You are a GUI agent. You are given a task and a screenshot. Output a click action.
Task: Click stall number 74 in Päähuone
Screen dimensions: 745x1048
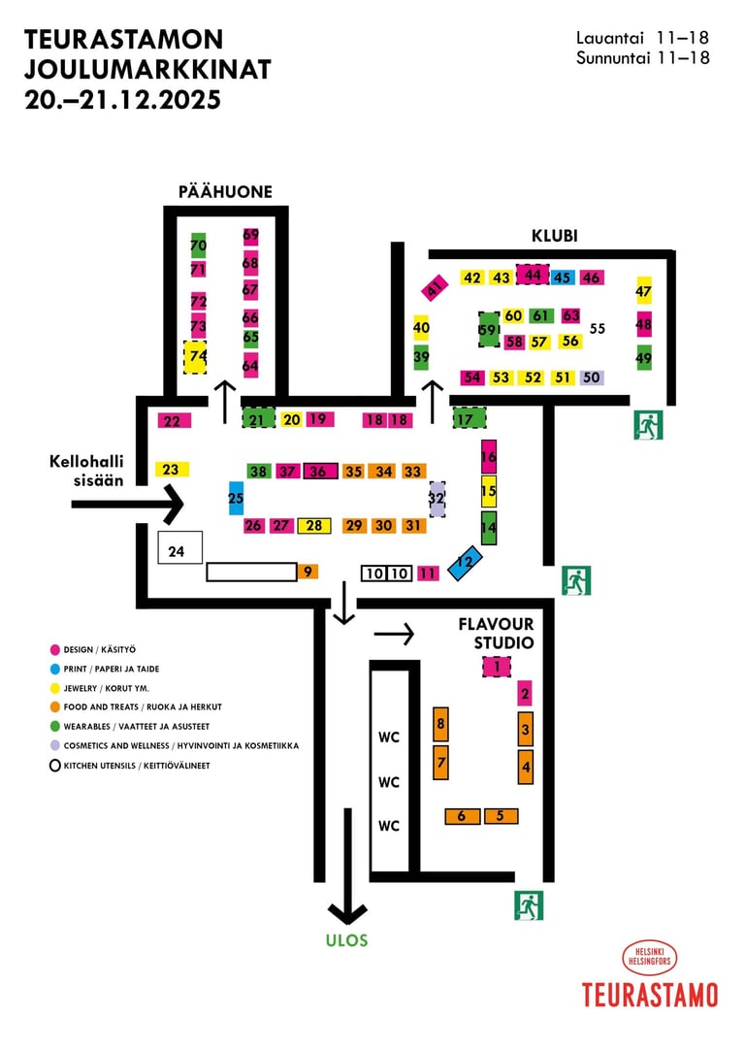tap(196, 356)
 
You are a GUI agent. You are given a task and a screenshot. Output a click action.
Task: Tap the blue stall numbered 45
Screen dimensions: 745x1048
tap(562, 278)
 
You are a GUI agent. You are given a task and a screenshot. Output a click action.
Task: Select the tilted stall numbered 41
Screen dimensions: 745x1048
tap(436, 287)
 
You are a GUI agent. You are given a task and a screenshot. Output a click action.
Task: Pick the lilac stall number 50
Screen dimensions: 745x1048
tap(592, 377)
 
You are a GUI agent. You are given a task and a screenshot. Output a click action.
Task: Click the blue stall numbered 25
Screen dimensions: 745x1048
tap(236, 498)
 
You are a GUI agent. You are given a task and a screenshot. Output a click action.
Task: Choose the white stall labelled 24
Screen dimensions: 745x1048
tap(179, 547)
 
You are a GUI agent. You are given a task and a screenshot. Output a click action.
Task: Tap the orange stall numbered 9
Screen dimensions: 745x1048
tap(308, 572)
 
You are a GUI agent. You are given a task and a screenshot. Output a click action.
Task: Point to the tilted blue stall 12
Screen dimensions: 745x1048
tap(466, 561)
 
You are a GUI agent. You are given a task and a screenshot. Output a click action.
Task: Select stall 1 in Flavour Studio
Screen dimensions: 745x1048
tap(496, 667)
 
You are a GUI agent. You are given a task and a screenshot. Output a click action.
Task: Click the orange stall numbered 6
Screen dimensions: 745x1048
tap(463, 816)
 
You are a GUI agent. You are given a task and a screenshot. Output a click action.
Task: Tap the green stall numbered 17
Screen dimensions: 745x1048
tap(469, 419)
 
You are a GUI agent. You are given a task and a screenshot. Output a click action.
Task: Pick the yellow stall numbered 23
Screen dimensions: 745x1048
tap(172, 470)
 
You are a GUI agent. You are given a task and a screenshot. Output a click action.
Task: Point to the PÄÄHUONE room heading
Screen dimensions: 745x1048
tap(225, 192)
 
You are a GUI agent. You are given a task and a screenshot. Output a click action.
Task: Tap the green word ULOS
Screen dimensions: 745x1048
tap(348, 940)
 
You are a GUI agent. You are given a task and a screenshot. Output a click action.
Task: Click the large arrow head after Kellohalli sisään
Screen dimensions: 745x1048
tap(170, 504)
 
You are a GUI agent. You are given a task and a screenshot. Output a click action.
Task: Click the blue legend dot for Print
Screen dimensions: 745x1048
tap(55, 669)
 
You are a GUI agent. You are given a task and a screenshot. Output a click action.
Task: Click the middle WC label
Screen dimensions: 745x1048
tap(389, 782)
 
